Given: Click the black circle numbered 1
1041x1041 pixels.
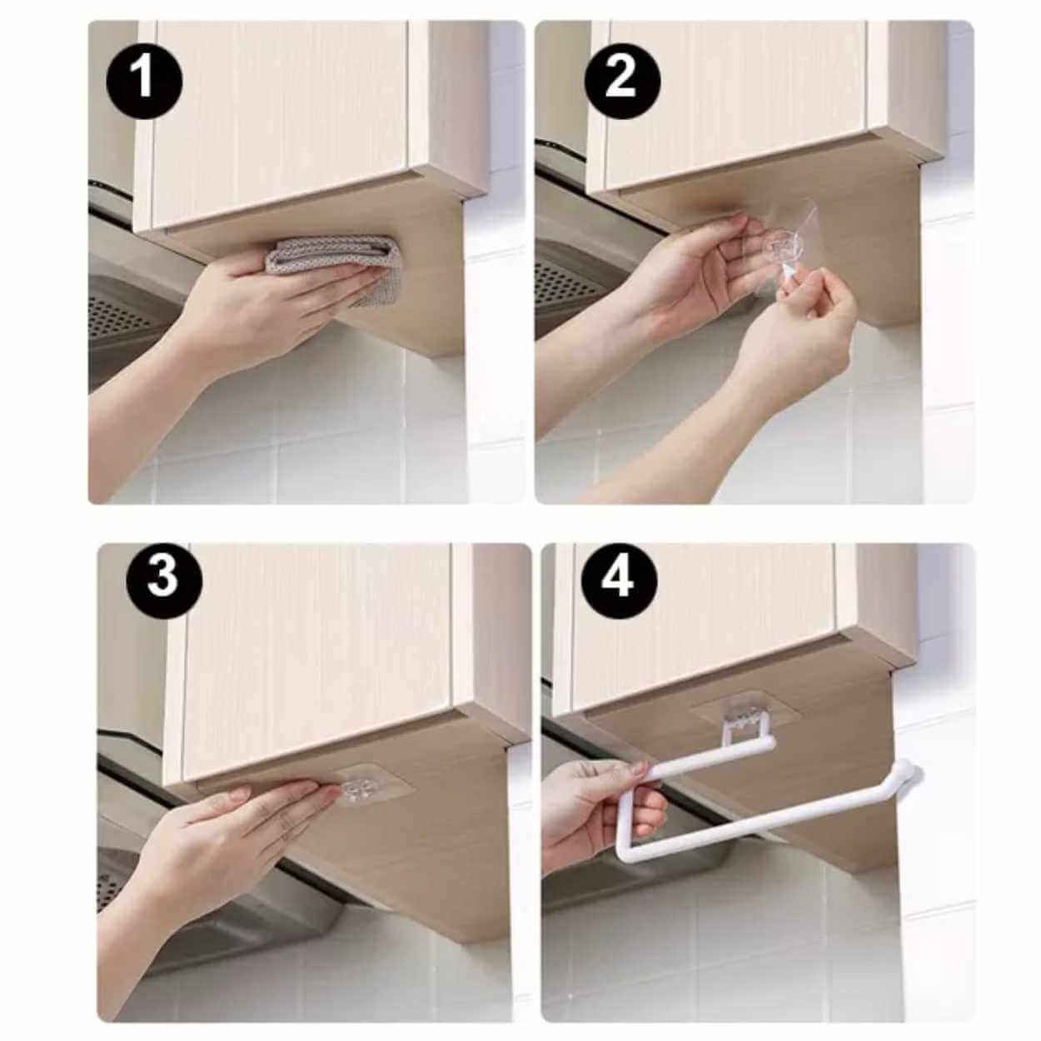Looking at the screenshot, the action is coord(144,81).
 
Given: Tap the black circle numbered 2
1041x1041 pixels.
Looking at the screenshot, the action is coord(621,81).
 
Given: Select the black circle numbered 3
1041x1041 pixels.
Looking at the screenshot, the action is coord(164,577).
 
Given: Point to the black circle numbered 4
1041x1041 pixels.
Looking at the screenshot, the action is coord(619,580).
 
